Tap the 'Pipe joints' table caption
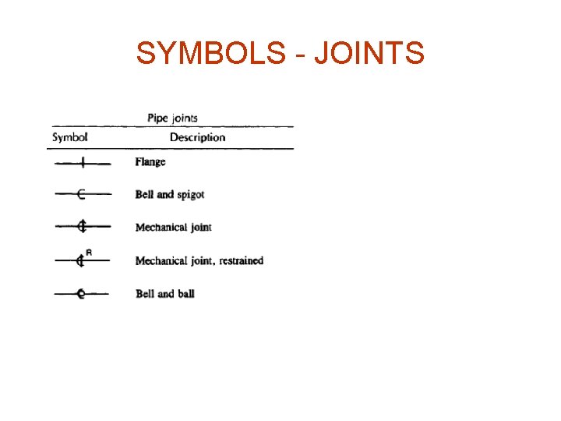[172, 118]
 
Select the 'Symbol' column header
[69, 137]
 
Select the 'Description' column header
[197, 137]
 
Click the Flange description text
[150, 162]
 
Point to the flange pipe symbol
[82, 163]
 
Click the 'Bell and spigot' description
[170, 194]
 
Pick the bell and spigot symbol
[81, 194]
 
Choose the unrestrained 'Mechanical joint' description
[173, 227]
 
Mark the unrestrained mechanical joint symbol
[81, 227]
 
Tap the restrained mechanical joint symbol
[79, 260]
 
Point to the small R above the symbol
[89, 252]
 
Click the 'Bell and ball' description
[164, 294]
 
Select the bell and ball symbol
[80, 294]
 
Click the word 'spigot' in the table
[190, 194]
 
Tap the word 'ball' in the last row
[185, 294]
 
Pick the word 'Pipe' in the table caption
[157, 118]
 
